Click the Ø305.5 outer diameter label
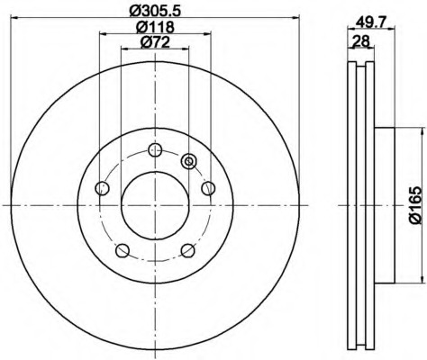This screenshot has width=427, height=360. pos(155,11)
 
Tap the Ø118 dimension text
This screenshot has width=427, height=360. pos(155,27)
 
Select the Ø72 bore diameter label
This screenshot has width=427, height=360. pos(155,42)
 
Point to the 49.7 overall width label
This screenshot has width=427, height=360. pos(370,22)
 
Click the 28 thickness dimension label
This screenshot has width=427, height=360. pos(360,40)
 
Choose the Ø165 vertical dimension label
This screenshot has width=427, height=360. pos(415,205)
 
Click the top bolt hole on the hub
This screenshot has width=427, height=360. pos(155,149)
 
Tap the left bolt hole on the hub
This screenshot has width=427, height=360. pos(102,188)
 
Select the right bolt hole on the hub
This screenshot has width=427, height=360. pos(208,188)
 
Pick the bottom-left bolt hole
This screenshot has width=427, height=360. pos(123,250)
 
